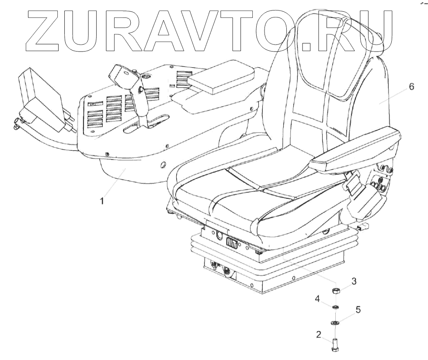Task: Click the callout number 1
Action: [102, 201]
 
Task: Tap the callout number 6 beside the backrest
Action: [411, 87]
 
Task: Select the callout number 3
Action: [354, 281]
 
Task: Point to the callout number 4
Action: [318, 299]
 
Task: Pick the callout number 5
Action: [358, 310]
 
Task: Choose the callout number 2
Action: [319, 335]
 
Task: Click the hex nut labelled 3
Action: [337, 291]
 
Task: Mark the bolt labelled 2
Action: [336, 343]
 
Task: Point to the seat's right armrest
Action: [354, 148]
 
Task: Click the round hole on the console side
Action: [163, 165]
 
